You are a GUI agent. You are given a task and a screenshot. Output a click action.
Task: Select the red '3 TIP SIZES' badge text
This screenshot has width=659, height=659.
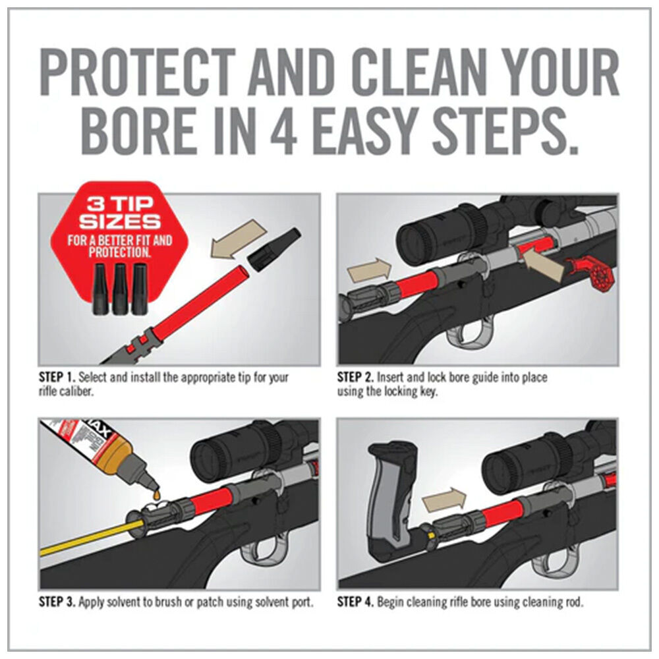120,213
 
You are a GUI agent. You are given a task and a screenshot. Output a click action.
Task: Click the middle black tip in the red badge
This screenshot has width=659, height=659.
120,289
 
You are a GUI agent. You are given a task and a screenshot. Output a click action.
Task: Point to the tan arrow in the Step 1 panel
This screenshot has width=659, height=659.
238,241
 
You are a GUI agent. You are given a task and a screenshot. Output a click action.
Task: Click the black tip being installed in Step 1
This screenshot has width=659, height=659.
274,250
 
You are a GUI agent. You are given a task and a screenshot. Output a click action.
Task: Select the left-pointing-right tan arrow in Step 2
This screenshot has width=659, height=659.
369,270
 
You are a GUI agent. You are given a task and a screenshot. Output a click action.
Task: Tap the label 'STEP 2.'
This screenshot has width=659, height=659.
356,377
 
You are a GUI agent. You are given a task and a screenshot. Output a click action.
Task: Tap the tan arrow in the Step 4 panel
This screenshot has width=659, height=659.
444,500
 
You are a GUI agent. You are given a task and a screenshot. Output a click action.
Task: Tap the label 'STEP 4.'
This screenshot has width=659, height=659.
356,602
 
